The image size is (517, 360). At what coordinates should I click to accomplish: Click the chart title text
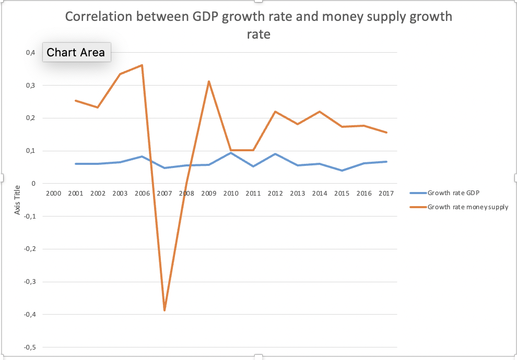click(258, 25)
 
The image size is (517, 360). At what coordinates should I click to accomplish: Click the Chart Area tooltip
click(76, 52)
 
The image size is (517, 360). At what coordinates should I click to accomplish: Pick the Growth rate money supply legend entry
click(467, 207)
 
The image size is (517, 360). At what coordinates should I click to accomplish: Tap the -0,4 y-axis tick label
click(30, 315)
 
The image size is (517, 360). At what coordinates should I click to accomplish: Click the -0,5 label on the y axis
click(30, 347)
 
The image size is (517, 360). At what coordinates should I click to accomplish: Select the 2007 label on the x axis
click(164, 193)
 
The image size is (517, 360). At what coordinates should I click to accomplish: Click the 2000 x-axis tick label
click(54, 193)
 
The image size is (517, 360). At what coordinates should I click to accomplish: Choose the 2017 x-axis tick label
click(386, 193)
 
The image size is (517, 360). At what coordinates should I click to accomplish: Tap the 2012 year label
click(275, 193)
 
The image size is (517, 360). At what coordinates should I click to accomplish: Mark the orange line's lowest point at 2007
click(164, 310)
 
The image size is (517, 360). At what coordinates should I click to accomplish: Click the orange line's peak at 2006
click(142, 65)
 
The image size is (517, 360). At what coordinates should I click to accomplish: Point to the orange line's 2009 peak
click(209, 81)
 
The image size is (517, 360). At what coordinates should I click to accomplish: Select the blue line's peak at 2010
click(231, 153)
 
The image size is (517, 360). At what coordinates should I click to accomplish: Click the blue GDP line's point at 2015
click(342, 171)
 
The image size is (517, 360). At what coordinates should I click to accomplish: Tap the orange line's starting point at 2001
click(76, 101)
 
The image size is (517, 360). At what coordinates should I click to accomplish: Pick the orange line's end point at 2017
click(386, 133)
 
